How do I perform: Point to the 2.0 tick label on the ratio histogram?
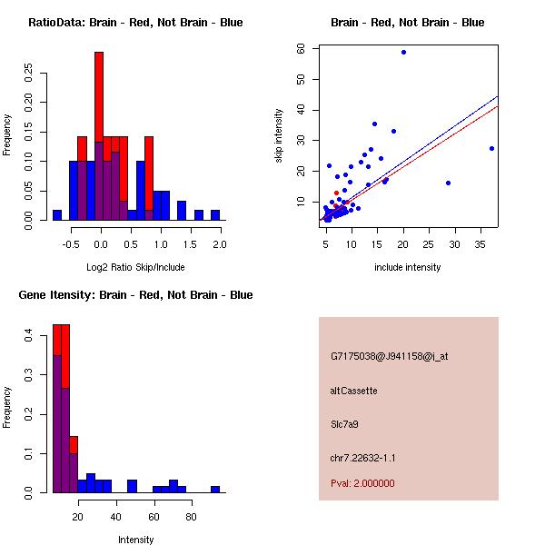click(220, 244)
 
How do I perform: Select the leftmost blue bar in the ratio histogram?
click(56, 214)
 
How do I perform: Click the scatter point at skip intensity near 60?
click(403, 53)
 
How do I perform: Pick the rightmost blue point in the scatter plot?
click(491, 148)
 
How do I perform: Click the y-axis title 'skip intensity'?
click(280, 136)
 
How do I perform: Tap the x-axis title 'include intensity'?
click(408, 267)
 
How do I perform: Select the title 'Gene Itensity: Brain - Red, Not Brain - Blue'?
click(135, 295)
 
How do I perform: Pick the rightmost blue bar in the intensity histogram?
click(215, 489)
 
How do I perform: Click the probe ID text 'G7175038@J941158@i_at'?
click(389, 356)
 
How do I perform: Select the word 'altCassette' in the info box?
click(353, 391)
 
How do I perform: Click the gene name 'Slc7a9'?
click(346, 424)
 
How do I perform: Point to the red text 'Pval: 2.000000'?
click(362, 483)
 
